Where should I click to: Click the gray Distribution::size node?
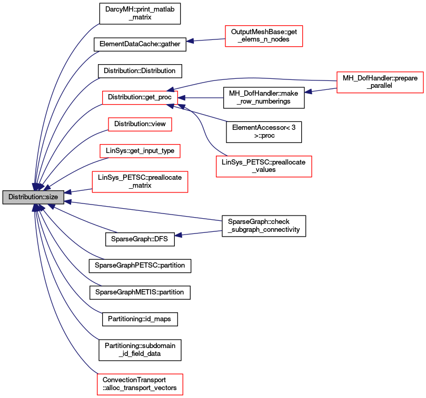(x=33, y=197)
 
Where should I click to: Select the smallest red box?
(x=140, y=124)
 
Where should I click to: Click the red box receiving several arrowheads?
(x=140, y=98)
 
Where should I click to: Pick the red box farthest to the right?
(x=380, y=83)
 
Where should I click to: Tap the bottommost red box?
(x=140, y=384)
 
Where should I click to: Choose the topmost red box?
(x=264, y=36)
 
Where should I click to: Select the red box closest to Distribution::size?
(x=140, y=182)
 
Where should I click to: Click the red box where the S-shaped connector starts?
(x=264, y=166)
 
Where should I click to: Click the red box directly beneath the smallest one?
(x=140, y=151)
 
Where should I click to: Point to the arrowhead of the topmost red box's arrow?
(x=190, y=40)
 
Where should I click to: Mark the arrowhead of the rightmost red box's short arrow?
(x=308, y=91)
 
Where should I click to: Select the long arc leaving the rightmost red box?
(x=247, y=78)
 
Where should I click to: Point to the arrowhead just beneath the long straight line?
(x=178, y=235)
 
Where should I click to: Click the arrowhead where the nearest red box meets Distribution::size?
(x=68, y=192)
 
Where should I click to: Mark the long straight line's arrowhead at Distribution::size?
(x=68, y=201)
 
